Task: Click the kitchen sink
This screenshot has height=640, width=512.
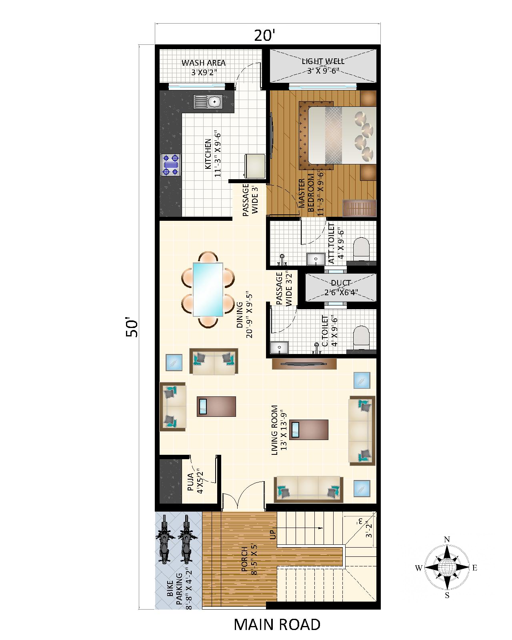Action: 208,102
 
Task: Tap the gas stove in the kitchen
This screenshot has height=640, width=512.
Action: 171,165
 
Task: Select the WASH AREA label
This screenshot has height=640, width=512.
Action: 204,63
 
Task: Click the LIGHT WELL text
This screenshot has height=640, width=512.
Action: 323,61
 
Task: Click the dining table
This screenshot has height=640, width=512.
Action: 208,289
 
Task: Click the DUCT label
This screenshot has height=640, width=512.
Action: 341,283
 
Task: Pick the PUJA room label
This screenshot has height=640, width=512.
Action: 191,482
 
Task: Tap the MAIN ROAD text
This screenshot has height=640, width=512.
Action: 277,624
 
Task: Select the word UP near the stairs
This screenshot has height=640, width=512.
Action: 273,534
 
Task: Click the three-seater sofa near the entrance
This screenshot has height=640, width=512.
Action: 308,490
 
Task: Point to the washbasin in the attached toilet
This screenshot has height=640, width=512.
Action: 316,259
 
